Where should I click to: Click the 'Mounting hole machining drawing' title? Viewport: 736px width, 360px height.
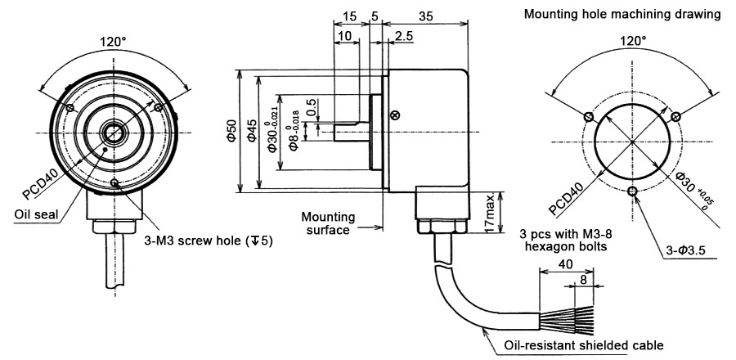click(x=622, y=14)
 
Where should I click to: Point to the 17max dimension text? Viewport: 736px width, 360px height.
click(x=489, y=212)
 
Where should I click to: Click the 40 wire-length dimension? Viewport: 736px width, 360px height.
click(x=564, y=265)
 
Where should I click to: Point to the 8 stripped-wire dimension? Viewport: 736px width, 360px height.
click(x=582, y=281)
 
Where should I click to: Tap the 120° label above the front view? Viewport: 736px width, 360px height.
click(x=113, y=42)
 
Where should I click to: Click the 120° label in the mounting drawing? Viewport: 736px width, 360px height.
click(x=632, y=40)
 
